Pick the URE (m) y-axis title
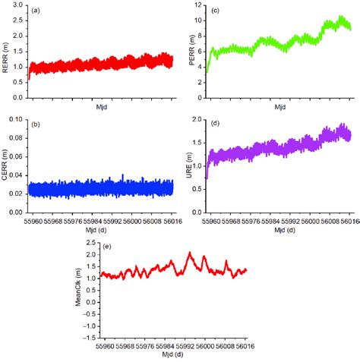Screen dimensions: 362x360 (188, 164)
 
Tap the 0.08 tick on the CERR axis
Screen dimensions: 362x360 (16, 120)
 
